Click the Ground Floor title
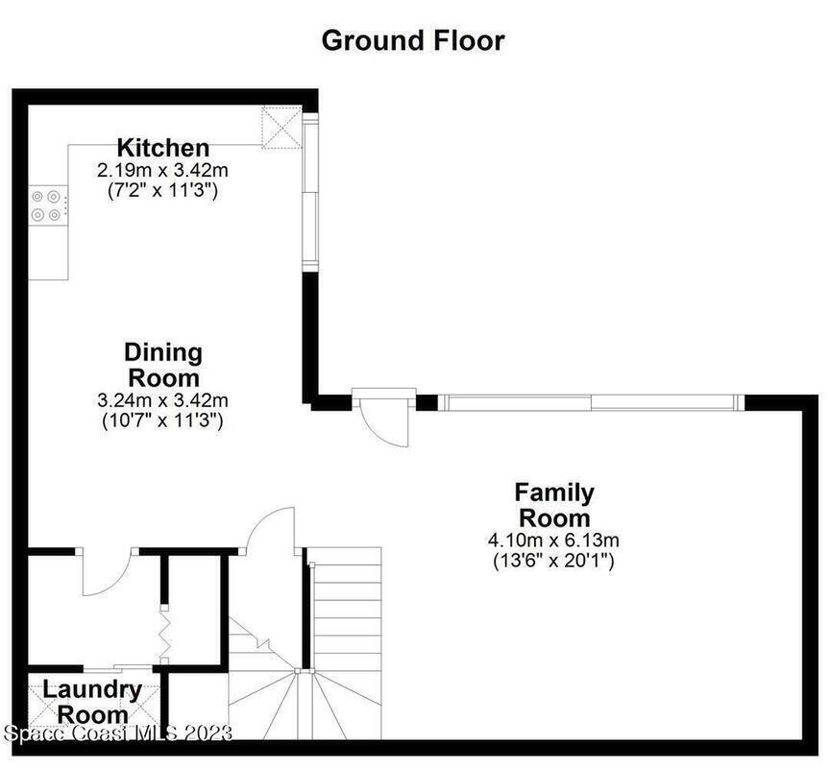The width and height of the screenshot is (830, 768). [413, 41]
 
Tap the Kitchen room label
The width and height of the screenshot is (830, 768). [163, 148]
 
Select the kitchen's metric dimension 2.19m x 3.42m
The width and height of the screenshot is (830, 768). [162, 170]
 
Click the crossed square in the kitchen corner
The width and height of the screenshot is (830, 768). [282, 127]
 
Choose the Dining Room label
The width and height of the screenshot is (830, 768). [163, 366]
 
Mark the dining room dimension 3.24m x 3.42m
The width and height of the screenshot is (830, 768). [162, 400]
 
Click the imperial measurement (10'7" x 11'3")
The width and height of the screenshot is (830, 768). [162, 420]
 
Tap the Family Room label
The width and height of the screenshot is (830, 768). [554, 505]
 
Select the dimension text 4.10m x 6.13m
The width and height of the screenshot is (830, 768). [553, 540]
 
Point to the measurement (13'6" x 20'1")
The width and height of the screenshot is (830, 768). [553, 560]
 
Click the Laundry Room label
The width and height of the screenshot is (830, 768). [92, 703]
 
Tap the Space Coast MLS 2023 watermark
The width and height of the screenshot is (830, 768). [117, 733]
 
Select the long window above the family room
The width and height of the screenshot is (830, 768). [591, 402]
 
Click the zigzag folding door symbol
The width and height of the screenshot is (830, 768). [165, 634]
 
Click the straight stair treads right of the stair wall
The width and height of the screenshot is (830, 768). [348, 610]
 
